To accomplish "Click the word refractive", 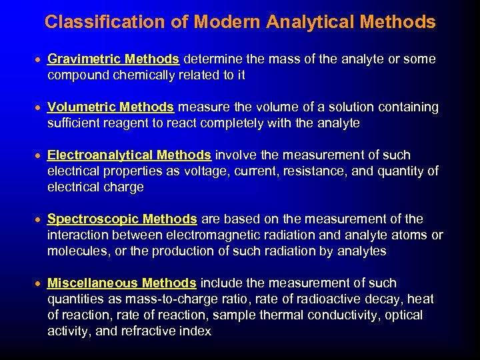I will coord(149,331).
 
